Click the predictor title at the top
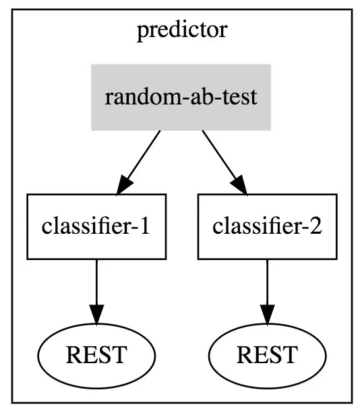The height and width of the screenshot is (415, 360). (x=182, y=30)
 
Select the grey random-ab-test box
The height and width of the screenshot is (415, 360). (x=181, y=97)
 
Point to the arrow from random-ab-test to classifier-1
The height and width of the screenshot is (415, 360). (x=138, y=162)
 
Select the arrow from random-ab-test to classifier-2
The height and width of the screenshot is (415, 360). (x=224, y=162)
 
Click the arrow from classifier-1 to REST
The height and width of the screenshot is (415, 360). (x=96, y=292)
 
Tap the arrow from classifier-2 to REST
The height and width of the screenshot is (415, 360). (x=267, y=292)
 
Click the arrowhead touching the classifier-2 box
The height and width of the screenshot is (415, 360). (x=239, y=185)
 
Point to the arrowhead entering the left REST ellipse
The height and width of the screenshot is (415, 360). (x=96, y=315)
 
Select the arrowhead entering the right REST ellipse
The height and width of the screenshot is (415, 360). (x=267, y=315)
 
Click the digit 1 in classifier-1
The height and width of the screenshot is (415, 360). (x=144, y=226)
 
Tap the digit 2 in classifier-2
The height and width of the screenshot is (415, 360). (x=316, y=226)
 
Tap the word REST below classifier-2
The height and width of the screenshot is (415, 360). (x=267, y=354)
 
